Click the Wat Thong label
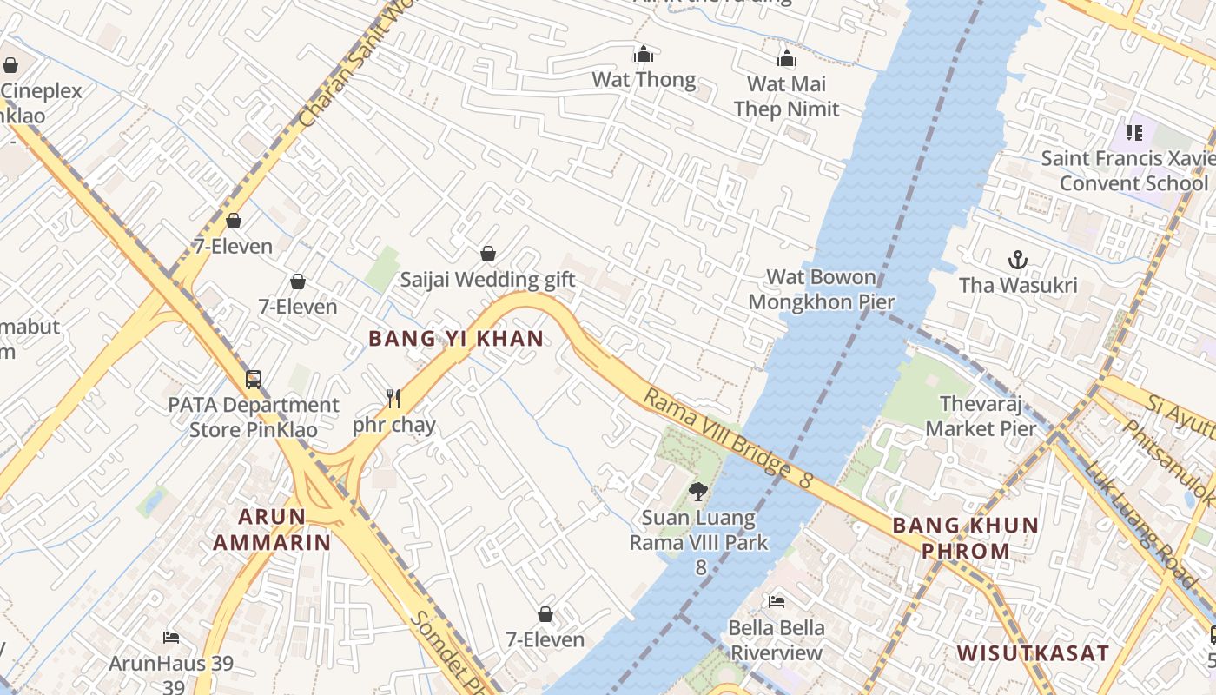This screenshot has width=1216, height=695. coord(644,80)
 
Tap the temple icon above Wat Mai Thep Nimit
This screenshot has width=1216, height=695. coord(787,58)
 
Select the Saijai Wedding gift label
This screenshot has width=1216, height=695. coord(487,280)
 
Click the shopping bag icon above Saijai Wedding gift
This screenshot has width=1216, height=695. coord(488,254)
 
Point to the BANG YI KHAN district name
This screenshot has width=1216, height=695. coord(456,339)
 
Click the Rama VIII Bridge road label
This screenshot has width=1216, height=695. coord(726,440)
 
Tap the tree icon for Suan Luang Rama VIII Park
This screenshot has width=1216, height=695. coord(697,492)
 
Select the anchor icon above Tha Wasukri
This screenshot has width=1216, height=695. coord(1017,259)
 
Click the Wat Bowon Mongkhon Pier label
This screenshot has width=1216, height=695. coord(821,290)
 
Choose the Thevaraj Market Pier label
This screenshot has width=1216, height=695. coord(981,416)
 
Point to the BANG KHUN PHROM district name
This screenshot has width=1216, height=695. coord(965,538)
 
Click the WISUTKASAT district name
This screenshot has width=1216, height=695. coord(1032,652)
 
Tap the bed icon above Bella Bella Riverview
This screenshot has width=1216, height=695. coord(777,601)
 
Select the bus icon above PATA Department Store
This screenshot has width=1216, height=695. coord(254,379)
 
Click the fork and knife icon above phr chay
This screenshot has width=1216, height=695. coord(393,399)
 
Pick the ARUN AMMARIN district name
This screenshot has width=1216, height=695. coord(272,530)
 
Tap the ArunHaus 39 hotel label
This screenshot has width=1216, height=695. coord(171,664)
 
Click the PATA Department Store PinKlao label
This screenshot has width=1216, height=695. coord(254,417)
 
